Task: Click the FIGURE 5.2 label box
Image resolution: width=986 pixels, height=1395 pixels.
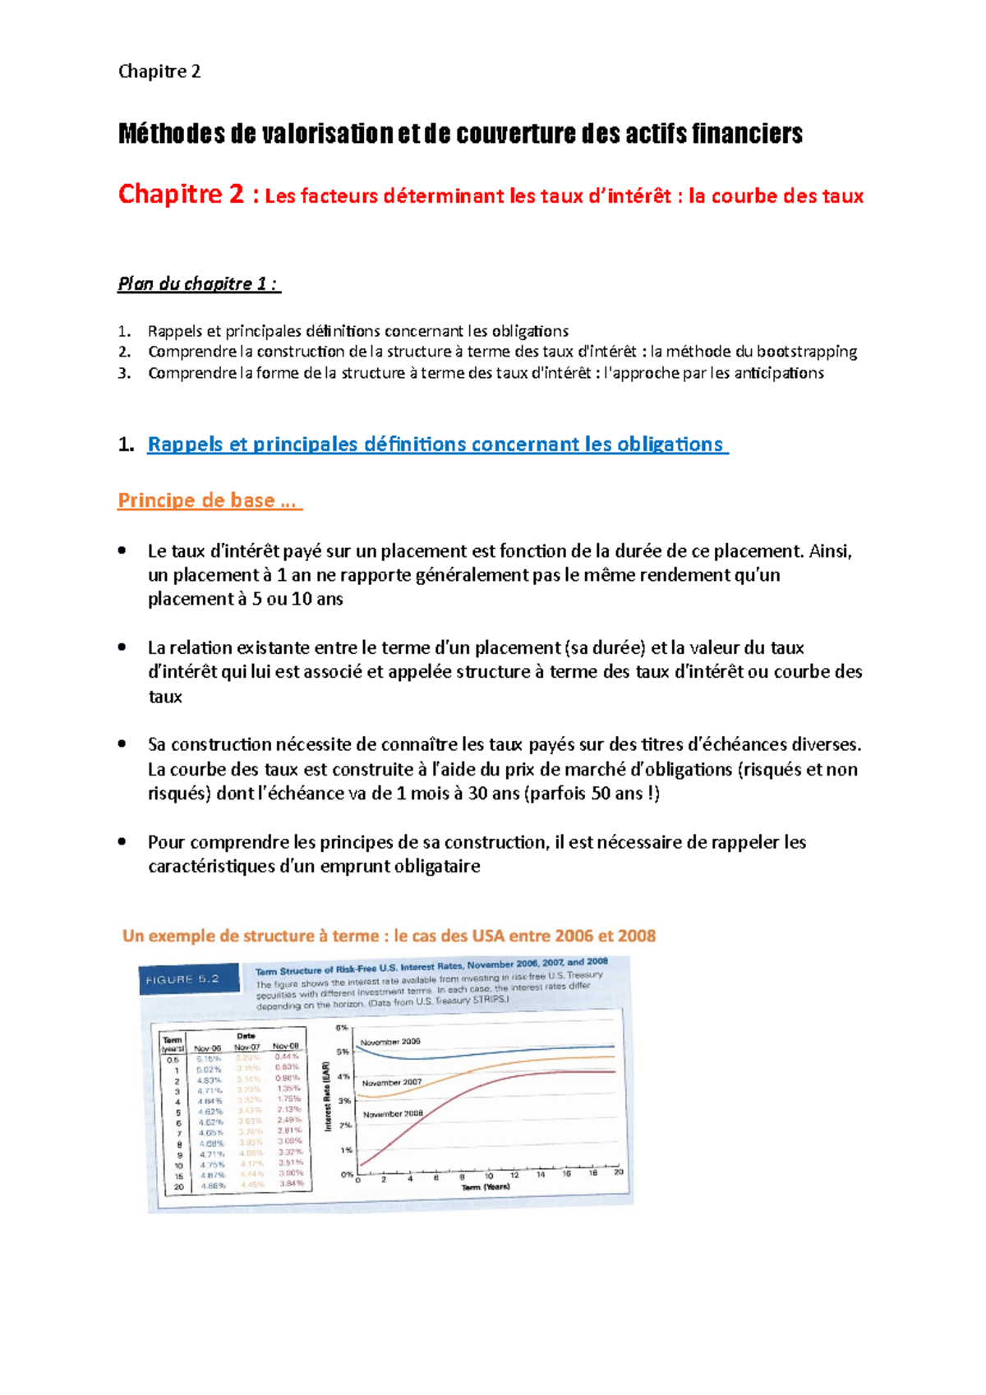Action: (x=189, y=978)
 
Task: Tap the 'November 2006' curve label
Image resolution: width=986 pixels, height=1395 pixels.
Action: (x=390, y=1041)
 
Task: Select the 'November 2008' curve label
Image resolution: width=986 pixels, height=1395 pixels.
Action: (x=393, y=1114)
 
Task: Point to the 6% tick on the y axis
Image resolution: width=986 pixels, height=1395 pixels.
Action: (x=342, y=1027)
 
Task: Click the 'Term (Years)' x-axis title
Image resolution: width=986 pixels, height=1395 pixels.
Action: (x=485, y=1186)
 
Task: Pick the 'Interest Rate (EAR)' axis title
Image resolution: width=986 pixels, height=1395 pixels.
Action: (x=327, y=1095)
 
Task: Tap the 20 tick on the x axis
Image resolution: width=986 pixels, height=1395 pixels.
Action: (x=618, y=1172)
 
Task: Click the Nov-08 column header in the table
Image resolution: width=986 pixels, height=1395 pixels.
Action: (x=286, y=1046)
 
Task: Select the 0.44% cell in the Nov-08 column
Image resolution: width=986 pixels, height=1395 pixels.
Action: (x=287, y=1057)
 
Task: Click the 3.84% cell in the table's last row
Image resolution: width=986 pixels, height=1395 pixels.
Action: (x=291, y=1183)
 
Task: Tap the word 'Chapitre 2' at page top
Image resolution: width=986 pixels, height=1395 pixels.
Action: (x=159, y=71)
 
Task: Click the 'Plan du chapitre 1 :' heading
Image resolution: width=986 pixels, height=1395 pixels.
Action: (x=198, y=284)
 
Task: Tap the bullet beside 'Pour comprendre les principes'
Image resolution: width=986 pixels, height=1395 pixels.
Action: (x=122, y=841)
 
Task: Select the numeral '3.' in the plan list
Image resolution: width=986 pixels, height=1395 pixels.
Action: (x=124, y=373)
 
